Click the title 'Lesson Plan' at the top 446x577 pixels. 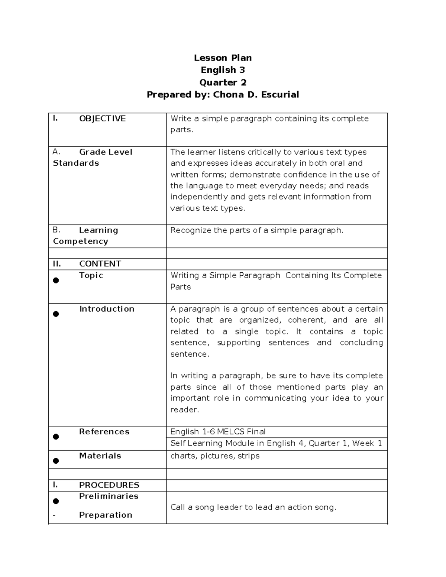[223, 58]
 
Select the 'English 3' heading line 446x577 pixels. [223, 70]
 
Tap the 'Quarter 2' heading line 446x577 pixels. [223, 82]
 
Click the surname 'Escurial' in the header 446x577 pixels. [280, 95]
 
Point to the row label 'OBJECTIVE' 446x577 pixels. [102, 119]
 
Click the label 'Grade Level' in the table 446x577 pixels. [106, 152]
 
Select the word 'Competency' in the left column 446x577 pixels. [81, 241]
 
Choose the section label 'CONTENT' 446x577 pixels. [100, 264]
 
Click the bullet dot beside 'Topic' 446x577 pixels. [56, 281]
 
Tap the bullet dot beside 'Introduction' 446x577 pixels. [56, 314]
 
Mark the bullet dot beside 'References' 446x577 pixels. [56, 437]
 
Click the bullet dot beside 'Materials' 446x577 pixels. [56, 461]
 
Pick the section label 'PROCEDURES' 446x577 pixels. [109, 485]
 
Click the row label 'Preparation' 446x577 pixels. [106, 515]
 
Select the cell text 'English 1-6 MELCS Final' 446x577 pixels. [218, 432]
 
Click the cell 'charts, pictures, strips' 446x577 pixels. [215, 456]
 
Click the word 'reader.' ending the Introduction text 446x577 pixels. [185, 410]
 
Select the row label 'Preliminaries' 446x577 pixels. [109, 496]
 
